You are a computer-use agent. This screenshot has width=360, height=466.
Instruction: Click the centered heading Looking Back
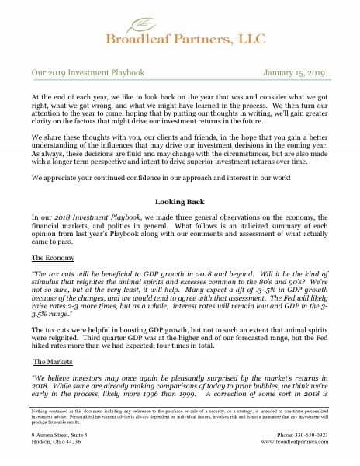point(180,200)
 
